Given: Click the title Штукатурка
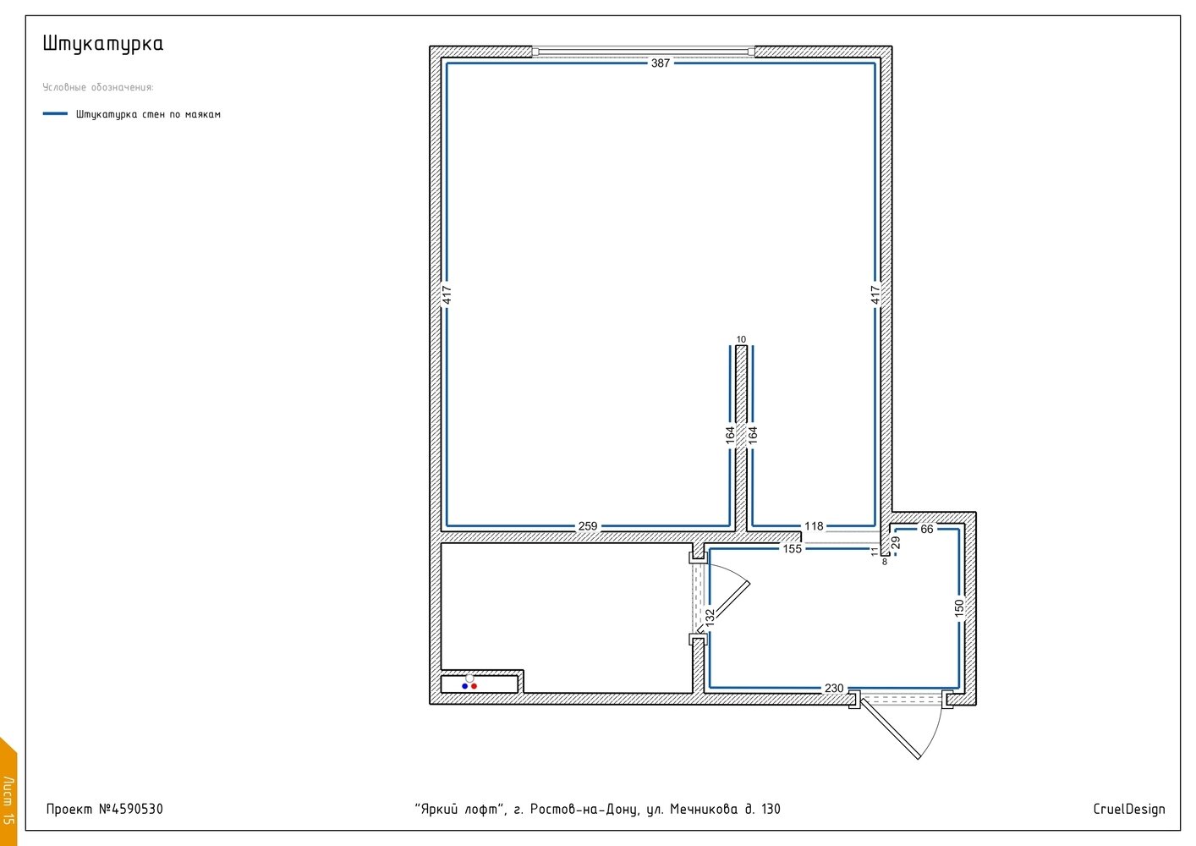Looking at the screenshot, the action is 103,44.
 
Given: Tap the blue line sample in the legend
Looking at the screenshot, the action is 55,113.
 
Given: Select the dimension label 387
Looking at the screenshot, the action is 660,63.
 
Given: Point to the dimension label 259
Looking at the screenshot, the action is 587,526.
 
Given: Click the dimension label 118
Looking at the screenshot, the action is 814,526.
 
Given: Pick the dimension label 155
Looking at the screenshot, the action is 792,548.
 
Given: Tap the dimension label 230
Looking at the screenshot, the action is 834,688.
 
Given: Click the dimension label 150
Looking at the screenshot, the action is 959,608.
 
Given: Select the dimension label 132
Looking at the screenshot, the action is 710,618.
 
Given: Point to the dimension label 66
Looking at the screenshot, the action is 927,529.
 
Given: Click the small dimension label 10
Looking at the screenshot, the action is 741,339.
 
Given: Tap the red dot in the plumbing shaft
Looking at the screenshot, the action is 475,686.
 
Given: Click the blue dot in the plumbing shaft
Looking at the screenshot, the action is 465,686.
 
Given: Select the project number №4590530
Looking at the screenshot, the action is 131,809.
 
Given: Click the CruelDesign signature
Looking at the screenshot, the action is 1128,809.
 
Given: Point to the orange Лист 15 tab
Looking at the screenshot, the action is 8,796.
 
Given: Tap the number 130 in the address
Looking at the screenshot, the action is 771,809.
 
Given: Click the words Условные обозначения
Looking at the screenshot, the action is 98,87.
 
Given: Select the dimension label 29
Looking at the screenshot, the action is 896,542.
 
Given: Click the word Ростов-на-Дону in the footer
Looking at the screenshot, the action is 584,810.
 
